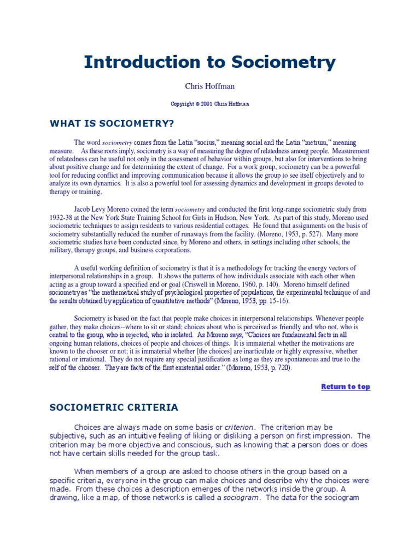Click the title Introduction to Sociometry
[x=209, y=62]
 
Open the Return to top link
[x=345, y=387]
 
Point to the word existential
[x=201, y=367]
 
